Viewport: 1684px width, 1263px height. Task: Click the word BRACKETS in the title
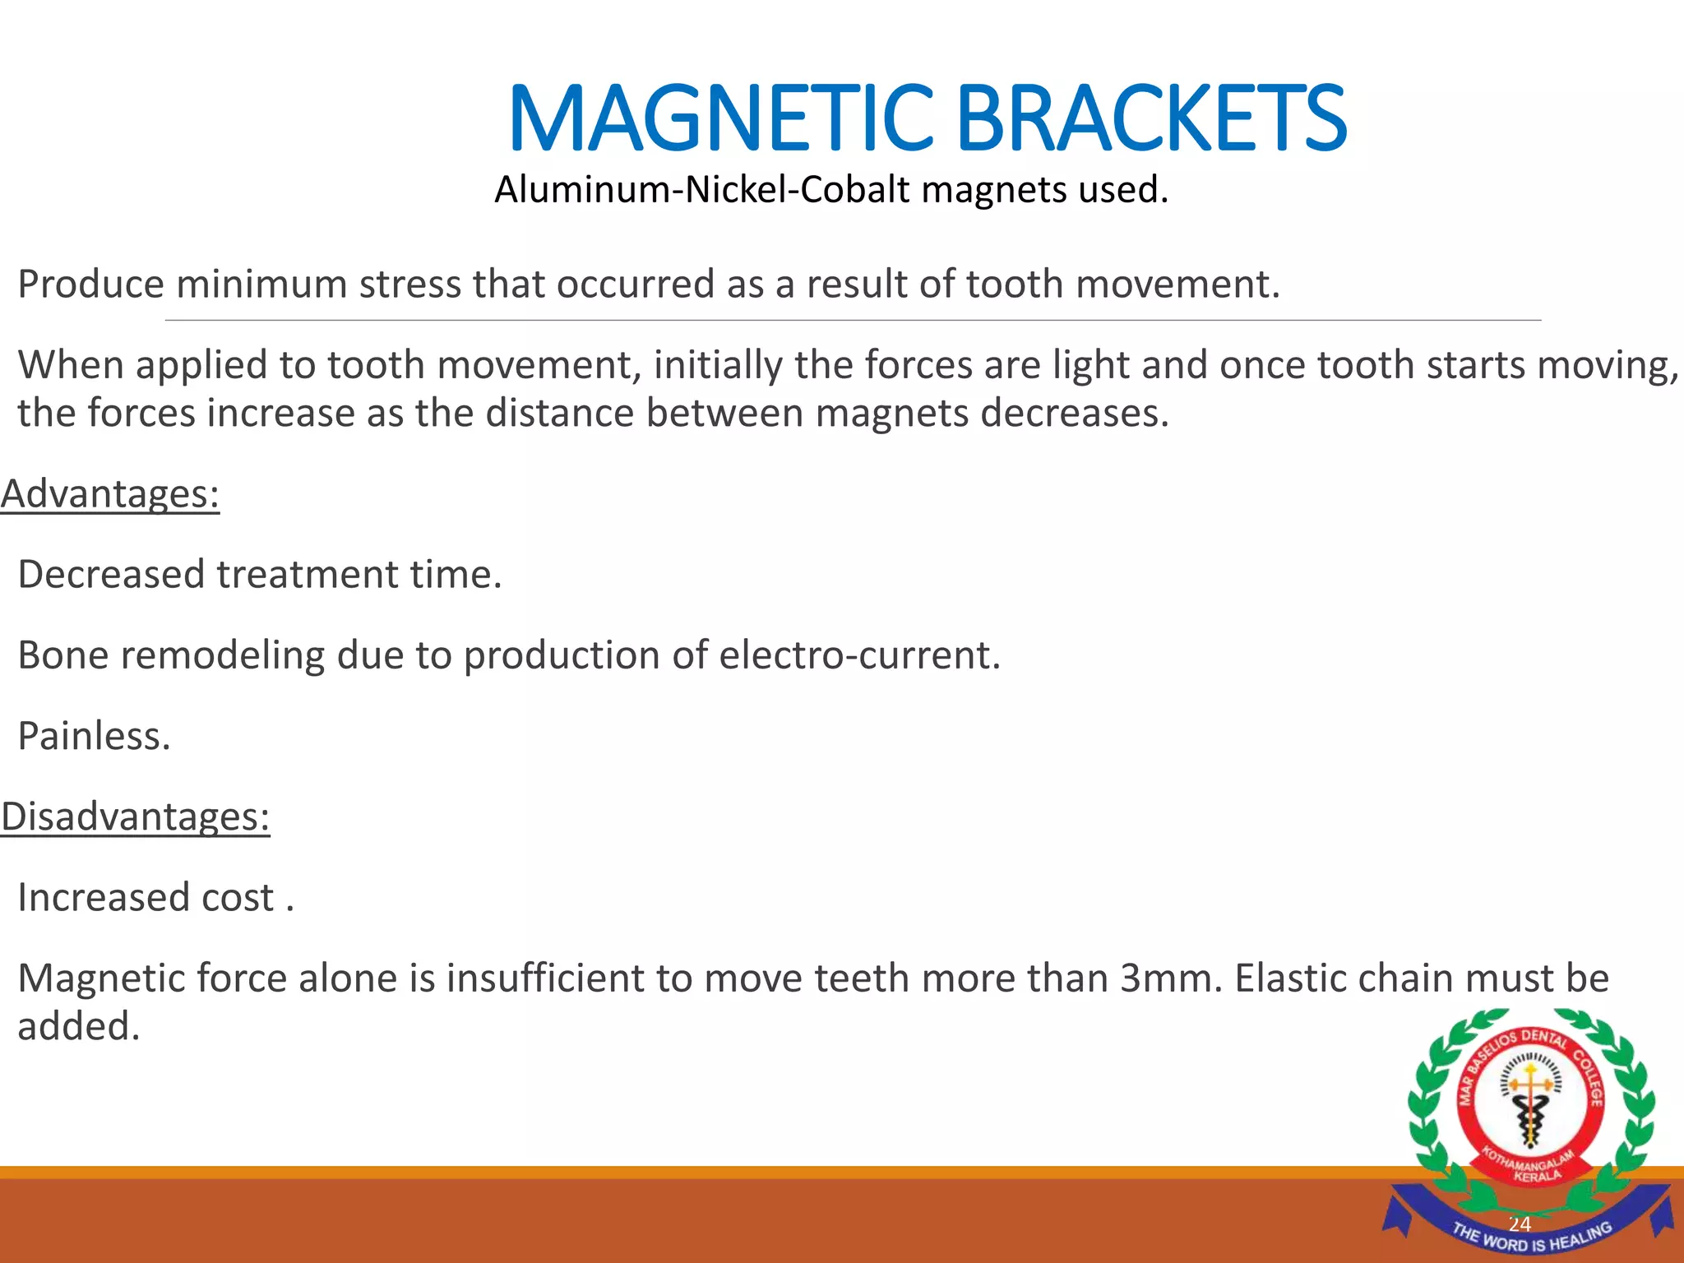click(1151, 119)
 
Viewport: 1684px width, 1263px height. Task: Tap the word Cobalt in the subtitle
click(855, 190)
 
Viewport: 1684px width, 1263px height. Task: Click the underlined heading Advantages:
click(110, 494)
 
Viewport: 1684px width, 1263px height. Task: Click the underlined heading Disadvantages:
click(136, 817)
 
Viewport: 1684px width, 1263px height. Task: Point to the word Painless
click(94, 736)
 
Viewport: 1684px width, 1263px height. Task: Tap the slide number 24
click(1519, 1224)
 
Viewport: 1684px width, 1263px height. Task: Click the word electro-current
click(859, 655)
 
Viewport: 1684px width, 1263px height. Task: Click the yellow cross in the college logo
click(1530, 1084)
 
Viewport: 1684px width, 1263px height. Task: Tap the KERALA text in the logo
click(1537, 1177)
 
